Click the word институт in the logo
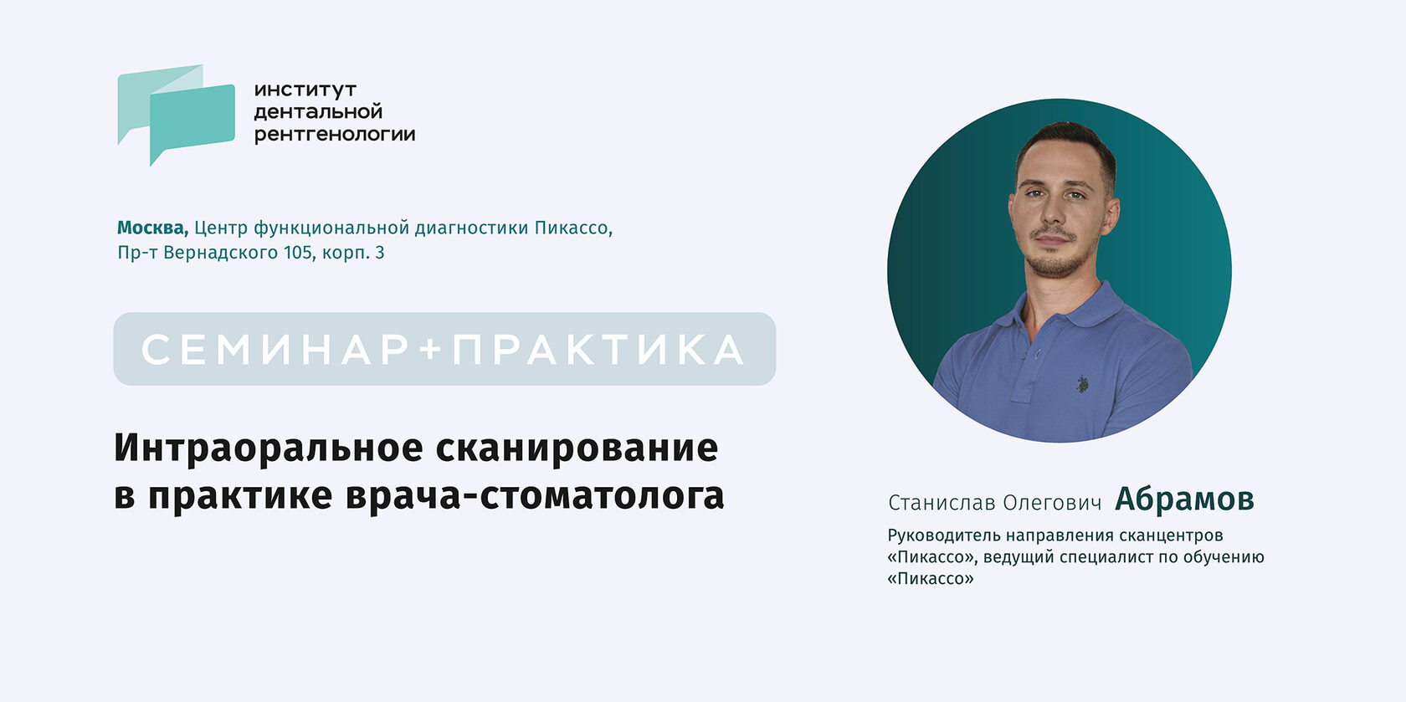tap(305, 90)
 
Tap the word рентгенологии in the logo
tap(335, 135)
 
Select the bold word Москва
tap(152, 228)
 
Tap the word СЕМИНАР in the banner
tap(275, 350)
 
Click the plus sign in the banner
tap(430, 350)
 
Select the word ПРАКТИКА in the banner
tap(598, 350)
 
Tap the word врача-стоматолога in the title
tap(535, 496)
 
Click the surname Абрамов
tap(1184, 500)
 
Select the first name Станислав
tap(942, 503)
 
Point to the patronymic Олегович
tap(1052, 503)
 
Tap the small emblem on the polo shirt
tap(1082, 384)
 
